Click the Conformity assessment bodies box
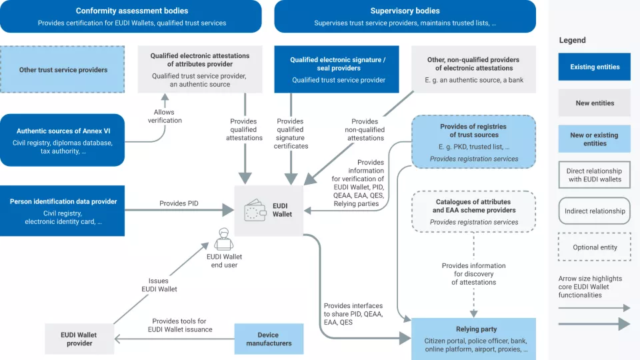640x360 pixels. coord(131,17)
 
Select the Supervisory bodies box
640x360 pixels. coord(405,17)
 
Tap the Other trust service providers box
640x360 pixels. coord(63,69)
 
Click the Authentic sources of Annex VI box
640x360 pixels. coord(63,140)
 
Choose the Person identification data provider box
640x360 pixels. coord(63,211)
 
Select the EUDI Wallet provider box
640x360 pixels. coord(79,339)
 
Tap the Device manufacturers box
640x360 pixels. coord(269,339)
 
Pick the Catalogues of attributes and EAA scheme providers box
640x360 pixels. coord(473,211)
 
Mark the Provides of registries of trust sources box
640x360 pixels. coord(473,142)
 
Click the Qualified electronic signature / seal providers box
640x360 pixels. coord(337,69)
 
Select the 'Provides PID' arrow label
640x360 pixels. coord(179,203)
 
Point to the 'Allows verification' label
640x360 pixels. coord(165,116)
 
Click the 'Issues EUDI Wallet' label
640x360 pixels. coord(158,285)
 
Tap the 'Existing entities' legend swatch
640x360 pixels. coord(595,67)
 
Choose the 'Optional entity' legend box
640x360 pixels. coord(595,247)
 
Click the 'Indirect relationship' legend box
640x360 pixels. coord(595,211)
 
